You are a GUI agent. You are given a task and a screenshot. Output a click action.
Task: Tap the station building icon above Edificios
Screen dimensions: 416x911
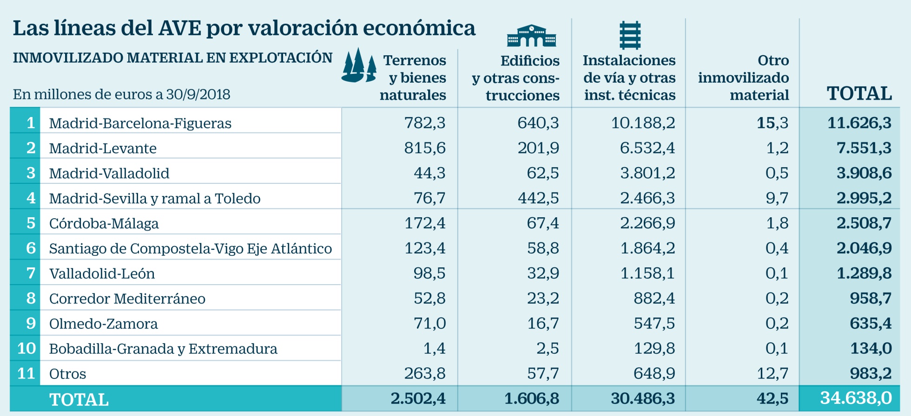[531, 36]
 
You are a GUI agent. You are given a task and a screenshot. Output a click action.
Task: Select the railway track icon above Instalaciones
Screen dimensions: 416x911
[630, 35]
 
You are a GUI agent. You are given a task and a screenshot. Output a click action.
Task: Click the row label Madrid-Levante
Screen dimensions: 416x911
[103, 148]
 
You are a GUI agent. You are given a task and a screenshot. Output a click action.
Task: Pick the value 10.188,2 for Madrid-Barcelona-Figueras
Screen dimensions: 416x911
[643, 123]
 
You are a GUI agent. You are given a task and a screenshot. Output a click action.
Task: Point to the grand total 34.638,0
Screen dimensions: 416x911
[856, 398]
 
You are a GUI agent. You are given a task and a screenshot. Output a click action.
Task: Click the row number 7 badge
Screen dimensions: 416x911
[31, 273]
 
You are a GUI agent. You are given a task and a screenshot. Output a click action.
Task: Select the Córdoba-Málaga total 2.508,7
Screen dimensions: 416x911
[864, 223]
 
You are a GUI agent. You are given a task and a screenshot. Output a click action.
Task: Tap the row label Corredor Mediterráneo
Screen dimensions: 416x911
[127, 299]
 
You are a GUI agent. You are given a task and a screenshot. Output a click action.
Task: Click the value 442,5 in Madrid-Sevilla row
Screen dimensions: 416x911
[538, 198]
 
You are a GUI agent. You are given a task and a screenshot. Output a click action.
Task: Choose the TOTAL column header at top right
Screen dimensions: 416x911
[859, 93]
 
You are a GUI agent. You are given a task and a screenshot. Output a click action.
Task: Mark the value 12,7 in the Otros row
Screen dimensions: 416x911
[772, 373]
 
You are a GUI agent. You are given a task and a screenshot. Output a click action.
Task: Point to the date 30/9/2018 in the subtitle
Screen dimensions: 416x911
[198, 94]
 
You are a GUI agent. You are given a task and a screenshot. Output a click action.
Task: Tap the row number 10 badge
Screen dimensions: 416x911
[26, 348]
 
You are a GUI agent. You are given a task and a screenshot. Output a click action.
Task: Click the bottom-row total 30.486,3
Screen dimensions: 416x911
[643, 398]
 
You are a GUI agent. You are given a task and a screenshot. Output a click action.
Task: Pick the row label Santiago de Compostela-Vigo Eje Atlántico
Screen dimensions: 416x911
[190, 248]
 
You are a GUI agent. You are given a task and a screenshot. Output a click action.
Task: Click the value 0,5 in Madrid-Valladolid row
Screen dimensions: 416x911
[777, 173]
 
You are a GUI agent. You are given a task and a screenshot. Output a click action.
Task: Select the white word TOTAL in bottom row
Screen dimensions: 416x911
[79, 399]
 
